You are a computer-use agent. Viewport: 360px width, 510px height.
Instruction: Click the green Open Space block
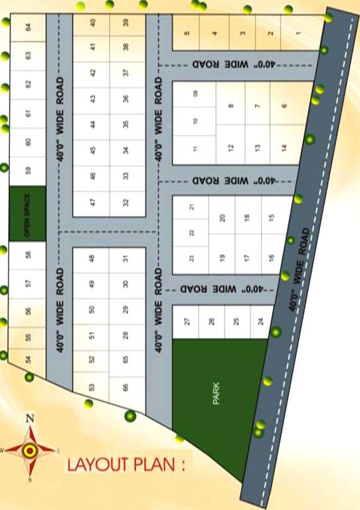28,214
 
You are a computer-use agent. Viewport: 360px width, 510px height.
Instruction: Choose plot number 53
92,387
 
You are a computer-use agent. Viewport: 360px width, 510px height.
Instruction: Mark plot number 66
126,387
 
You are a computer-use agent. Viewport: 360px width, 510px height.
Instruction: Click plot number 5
187,33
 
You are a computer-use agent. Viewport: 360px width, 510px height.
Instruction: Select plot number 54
28,359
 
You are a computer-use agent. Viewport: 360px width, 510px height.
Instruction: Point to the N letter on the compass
29,418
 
